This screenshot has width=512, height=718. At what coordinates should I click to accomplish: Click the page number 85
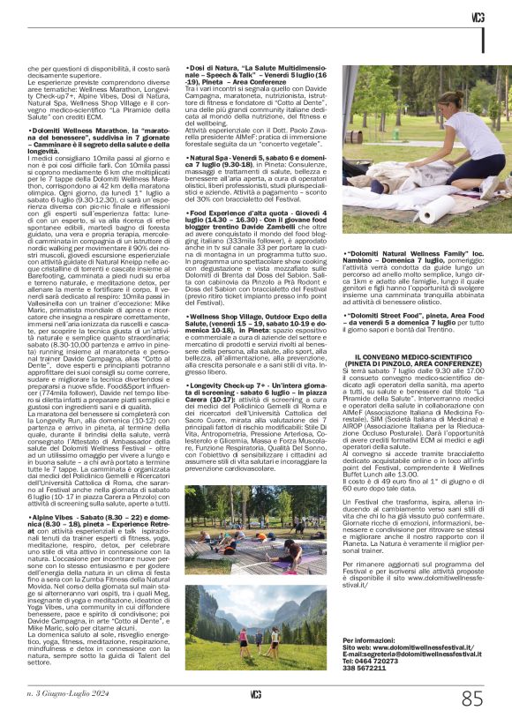click(472, 699)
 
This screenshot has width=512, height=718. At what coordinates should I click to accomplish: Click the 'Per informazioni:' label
click(364, 639)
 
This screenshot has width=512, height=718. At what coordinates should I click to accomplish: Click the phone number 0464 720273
click(376, 661)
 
